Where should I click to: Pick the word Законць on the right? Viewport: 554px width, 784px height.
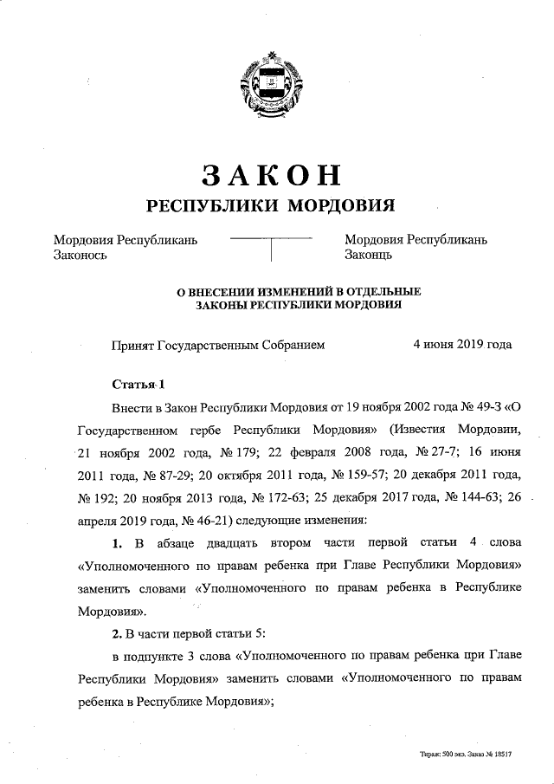tap(369, 255)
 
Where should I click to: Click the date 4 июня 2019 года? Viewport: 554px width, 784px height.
tap(462, 345)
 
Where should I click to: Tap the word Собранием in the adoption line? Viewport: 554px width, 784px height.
tap(295, 345)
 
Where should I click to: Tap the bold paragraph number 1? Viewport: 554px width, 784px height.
tap(116, 542)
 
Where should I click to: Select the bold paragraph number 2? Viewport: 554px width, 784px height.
tap(116, 632)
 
